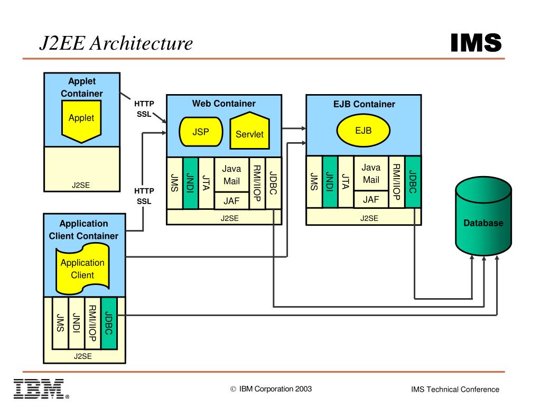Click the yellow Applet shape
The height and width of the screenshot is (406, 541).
click(81, 121)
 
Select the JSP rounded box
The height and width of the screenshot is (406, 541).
click(200, 132)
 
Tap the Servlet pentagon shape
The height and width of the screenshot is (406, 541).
click(249, 131)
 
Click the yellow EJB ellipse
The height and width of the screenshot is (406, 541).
click(363, 131)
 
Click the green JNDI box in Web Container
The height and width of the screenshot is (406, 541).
click(191, 183)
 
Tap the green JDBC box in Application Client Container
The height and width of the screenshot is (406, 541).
click(109, 323)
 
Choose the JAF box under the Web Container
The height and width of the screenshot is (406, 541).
click(231, 201)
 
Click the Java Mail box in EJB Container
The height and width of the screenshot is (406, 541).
click(371, 174)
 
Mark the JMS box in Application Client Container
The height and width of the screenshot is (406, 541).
click(60, 323)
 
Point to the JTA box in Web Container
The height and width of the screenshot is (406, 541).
click(206, 183)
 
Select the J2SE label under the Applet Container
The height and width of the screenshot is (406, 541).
click(81, 186)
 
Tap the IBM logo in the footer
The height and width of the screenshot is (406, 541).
click(40, 389)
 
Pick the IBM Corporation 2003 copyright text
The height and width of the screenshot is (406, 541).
click(271, 389)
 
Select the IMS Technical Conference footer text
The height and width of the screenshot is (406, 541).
click(455, 390)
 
